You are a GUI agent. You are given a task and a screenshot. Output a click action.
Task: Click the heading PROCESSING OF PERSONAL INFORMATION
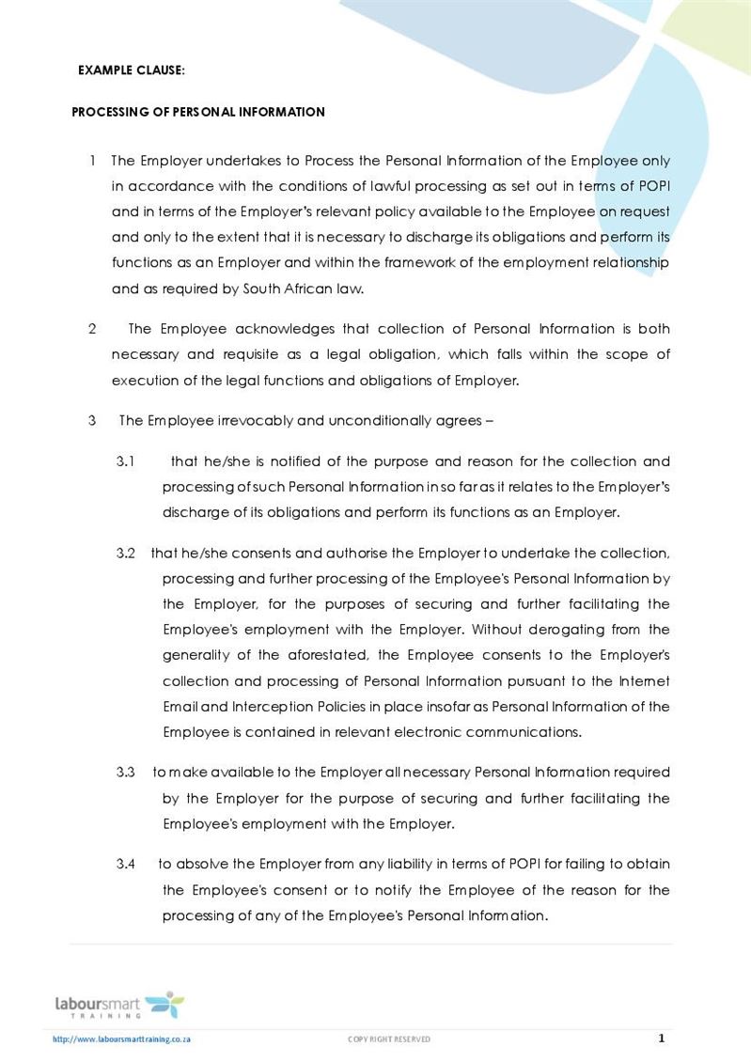pos(198,112)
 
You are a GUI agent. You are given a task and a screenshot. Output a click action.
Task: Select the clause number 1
pos(93,161)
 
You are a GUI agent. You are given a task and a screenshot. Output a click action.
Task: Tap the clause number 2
pos(92,329)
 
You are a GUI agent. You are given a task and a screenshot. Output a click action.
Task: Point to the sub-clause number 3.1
pos(127,461)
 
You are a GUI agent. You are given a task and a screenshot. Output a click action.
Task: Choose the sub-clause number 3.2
pos(127,553)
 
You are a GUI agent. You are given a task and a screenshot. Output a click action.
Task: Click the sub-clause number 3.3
pos(127,772)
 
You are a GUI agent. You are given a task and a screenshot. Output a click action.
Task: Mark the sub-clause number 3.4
pos(127,864)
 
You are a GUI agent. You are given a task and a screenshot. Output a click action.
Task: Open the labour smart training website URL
pos(122,1039)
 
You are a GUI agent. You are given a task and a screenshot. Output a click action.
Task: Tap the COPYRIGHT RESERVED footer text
pos(389,1039)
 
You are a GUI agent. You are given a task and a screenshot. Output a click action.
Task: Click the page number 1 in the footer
pos(662,1039)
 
